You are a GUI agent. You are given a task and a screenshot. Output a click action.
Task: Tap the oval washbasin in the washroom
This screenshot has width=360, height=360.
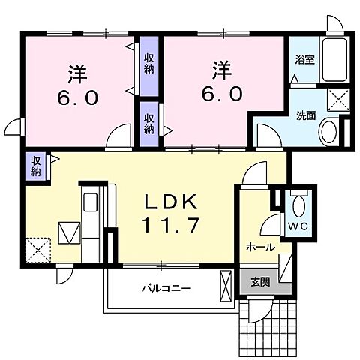tap(328, 133)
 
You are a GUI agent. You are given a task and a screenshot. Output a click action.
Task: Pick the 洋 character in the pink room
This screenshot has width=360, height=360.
tap(76, 73)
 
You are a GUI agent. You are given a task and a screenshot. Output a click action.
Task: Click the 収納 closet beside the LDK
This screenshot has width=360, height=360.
tap(35, 165)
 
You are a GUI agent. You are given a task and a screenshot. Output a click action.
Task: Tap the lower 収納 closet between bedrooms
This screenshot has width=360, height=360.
tap(149, 124)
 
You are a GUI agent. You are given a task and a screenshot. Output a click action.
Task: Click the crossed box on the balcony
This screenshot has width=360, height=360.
tap(226, 286)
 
